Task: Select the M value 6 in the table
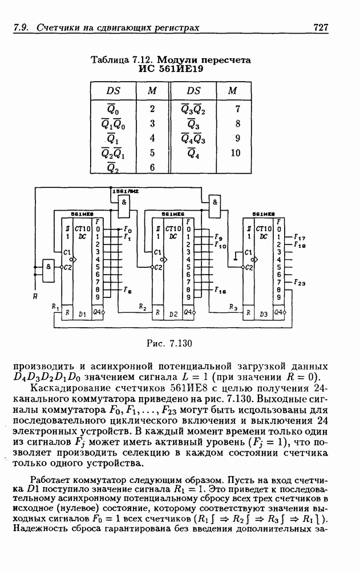click(152, 168)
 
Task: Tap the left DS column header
click(113, 91)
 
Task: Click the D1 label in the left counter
click(82, 313)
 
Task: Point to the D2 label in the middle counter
click(173, 313)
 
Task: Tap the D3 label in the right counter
click(263, 313)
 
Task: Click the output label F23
click(300, 282)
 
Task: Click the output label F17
click(300, 236)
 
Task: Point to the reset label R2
click(142, 307)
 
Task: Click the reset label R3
click(233, 307)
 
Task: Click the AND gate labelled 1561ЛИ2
click(124, 203)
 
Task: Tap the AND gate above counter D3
click(215, 202)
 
